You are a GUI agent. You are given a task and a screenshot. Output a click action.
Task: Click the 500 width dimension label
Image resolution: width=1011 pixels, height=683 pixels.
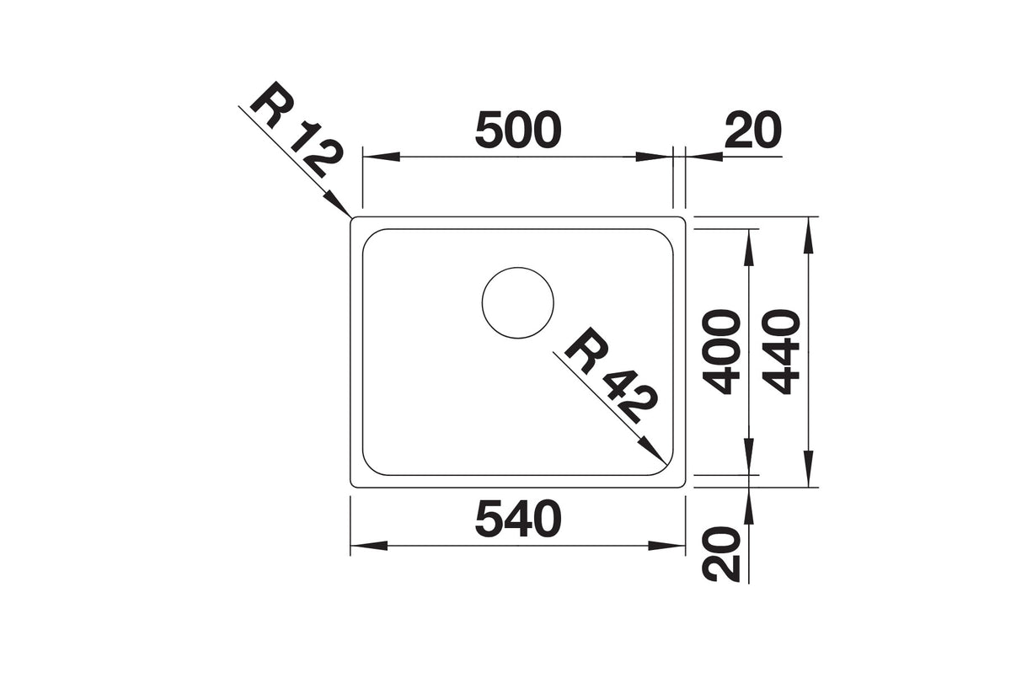(518, 131)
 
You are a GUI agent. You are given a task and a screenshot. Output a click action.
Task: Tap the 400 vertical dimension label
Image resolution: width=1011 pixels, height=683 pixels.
(722, 352)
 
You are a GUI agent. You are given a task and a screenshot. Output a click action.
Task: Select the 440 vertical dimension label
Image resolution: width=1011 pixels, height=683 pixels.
(783, 352)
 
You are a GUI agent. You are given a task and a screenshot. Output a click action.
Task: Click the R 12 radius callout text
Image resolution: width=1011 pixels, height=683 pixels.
(297, 130)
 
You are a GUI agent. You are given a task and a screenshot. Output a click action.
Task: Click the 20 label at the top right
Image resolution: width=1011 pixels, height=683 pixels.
(753, 131)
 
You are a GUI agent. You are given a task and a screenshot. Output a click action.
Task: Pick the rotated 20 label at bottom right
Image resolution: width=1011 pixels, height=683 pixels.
(722, 554)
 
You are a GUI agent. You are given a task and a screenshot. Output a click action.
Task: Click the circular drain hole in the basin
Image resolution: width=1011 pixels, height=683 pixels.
(517, 302)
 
